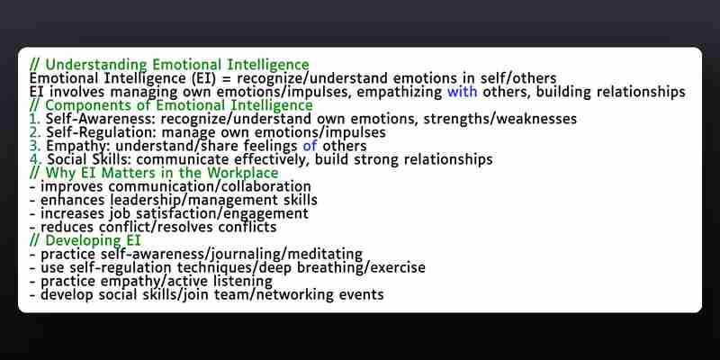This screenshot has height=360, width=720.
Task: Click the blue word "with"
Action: click(x=463, y=92)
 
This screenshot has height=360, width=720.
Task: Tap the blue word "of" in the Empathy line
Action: click(x=310, y=146)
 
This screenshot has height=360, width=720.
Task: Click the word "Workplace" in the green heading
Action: click(x=243, y=173)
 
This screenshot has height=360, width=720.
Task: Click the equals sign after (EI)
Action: click(x=227, y=79)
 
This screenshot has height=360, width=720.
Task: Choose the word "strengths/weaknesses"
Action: click(x=500, y=119)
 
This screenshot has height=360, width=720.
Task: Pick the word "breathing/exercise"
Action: click(x=355, y=267)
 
